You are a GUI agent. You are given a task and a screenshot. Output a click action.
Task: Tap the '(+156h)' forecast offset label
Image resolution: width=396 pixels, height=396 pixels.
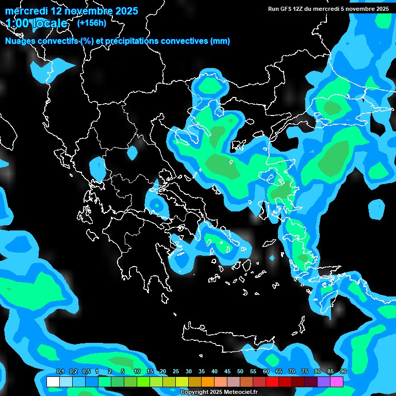coord(91,23)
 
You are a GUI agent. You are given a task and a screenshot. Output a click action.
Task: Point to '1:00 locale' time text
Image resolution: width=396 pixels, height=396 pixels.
coord(36,23)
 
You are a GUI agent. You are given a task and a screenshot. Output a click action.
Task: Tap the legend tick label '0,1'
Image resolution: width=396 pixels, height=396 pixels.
coord(60,371)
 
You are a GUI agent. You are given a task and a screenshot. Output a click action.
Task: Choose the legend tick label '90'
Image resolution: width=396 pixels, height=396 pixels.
coord(343,371)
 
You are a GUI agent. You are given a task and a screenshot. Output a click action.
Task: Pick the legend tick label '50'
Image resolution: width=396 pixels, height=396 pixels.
coord(240,371)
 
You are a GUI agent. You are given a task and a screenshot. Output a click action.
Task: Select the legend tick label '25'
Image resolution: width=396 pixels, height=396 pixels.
coord(176,371)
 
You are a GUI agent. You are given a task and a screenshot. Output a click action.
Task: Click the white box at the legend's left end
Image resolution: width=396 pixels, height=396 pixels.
coord(53,382)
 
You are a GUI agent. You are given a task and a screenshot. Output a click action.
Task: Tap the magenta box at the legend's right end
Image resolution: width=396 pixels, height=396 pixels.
coord(337,382)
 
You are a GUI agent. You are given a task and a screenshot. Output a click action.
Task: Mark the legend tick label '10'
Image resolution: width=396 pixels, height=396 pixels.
coord(137,371)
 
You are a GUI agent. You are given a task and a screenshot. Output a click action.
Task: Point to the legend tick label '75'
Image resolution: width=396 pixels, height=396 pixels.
coord(305,371)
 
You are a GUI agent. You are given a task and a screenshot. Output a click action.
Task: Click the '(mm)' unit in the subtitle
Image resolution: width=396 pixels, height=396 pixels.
coord(220,41)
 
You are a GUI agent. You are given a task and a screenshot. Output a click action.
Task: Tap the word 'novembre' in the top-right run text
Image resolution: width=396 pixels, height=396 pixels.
coord(361,9)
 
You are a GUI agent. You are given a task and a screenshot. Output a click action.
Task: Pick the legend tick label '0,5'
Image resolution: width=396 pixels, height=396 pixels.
coord(86,371)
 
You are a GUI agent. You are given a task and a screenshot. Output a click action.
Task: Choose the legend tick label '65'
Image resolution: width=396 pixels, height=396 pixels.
coord(279,371)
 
